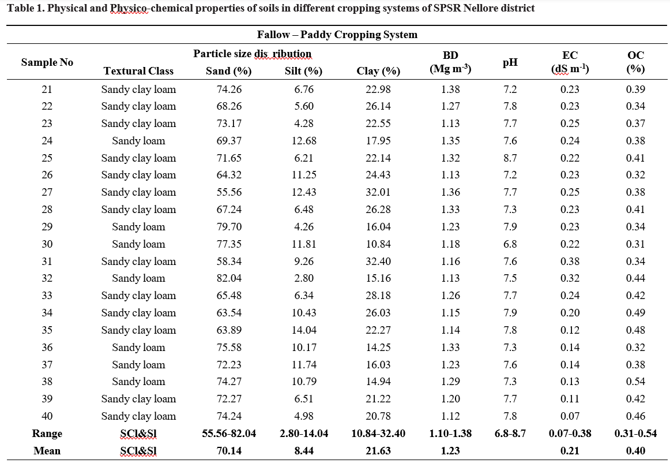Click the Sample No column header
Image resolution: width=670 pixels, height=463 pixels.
pyautogui.click(x=47, y=62)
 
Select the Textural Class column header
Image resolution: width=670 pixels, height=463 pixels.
pyautogui.click(x=138, y=71)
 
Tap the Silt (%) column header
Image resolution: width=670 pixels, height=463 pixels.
pyautogui.click(x=303, y=71)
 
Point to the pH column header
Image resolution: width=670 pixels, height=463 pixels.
pyautogui.click(x=510, y=63)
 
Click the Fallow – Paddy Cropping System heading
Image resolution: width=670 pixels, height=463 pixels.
pyautogui.click(x=337, y=35)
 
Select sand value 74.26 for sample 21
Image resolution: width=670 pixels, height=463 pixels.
pyautogui.click(x=229, y=89)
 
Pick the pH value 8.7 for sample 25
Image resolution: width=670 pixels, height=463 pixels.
pyautogui.click(x=510, y=158)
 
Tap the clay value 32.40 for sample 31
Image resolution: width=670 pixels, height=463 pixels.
pyautogui.click(x=378, y=262)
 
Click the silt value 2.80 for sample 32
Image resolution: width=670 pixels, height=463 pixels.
pyautogui.click(x=304, y=278)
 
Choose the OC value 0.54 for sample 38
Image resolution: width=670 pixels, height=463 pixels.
pyautogui.click(x=635, y=382)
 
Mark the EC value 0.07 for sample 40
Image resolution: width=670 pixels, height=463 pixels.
pyautogui.click(x=570, y=416)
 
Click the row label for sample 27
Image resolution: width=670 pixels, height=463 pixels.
pyautogui.click(x=47, y=192)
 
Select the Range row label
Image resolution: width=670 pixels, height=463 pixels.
pyautogui.click(x=47, y=434)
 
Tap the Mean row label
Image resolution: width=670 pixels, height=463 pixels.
pyautogui.click(x=47, y=451)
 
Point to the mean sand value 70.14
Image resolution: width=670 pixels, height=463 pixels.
pyautogui.click(x=229, y=451)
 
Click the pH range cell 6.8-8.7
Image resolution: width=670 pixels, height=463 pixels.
pyautogui.click(x=510, y=434)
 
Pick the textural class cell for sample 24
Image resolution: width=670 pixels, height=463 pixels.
pyautogui.click(x=138, y=141)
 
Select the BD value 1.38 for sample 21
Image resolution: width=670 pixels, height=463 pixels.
pyautogui.click(x=450, y=89)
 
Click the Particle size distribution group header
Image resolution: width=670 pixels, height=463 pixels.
pyautogui.click(x=252, y=54)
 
